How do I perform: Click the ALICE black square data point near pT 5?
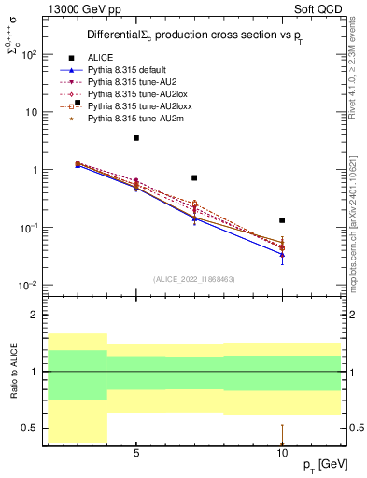click(x=136, y=138)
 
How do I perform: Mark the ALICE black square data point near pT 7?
click(x=194, y=177)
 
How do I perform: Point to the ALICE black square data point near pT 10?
click(x=282, y=220)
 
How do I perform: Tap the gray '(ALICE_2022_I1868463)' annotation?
click(x=195, y=279)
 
